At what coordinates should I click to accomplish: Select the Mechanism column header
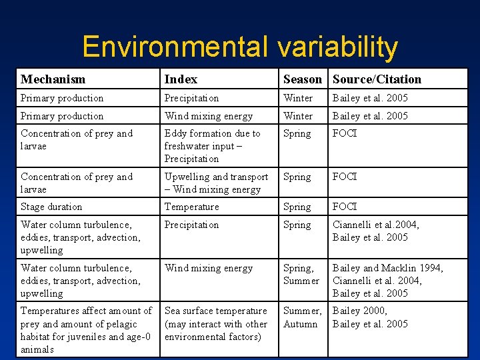click(x=53, y=79)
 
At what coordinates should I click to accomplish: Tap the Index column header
click(x=181, y=79)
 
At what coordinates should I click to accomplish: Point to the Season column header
click(x=302, y=79)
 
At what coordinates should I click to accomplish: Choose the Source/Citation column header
click(x=377, y=79)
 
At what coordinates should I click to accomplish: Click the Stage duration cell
click(x=51, y=207)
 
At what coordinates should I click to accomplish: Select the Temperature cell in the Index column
click(x=191, y=207)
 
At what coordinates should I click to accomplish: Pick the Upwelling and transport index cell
click(x=216, y=183)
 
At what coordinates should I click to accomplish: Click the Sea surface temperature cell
click(x=216, y=323)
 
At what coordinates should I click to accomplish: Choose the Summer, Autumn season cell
click(x=302, y=317)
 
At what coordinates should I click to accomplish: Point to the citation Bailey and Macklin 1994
click(x=387, y=268)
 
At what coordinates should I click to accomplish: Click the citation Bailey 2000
click(x=359, y=311)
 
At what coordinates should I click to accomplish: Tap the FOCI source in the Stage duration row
click(x=345, y=207)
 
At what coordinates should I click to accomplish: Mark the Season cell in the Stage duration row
click(x=297, y=207)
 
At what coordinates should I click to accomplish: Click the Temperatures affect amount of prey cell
click(x=86, y=329)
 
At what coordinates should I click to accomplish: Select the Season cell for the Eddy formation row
click(x=297, y=133)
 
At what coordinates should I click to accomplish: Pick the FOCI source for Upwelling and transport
click(x=345, y=177)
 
